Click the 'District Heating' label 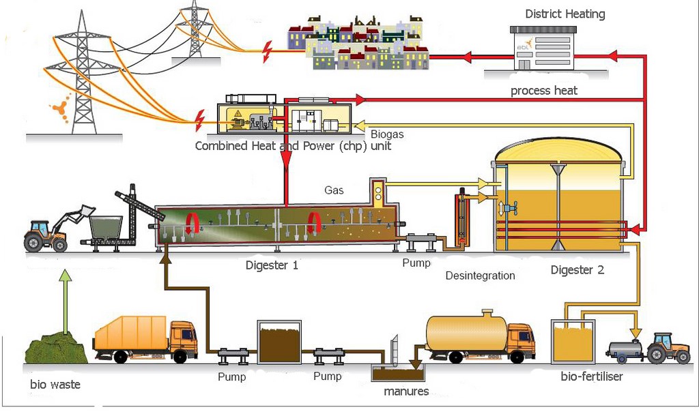[x=565, y=14]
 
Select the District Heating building [x=543, y=48]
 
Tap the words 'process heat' [x=543, y=91]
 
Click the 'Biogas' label [x=387, y=134]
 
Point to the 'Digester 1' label [x=272, y=265]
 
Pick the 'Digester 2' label [x=577, y=269]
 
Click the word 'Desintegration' [x=480, y=276]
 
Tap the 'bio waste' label [x=55, y=384]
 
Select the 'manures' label [x=406, y=391]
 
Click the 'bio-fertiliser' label [x=591, y=376]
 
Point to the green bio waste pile [x=55, y=348]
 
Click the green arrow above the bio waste [x=65, y=300]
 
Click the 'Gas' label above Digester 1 [x=334, y=190]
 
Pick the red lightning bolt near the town [x=268, y=48]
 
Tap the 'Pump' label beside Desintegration [x=416, y=263]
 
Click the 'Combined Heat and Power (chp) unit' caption [x=293, y=146]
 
